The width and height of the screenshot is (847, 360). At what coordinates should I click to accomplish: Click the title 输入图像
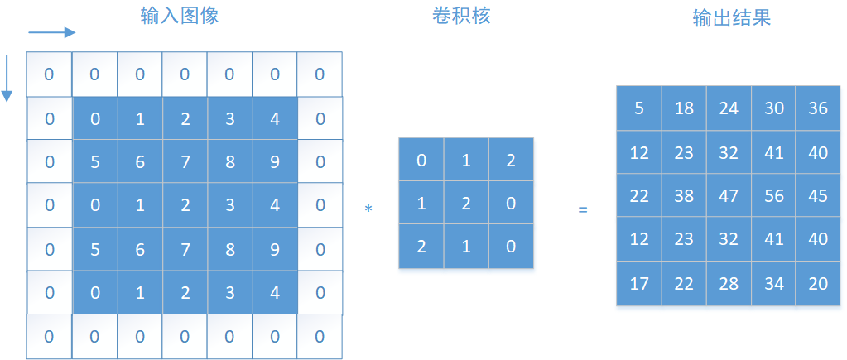coord(180,16)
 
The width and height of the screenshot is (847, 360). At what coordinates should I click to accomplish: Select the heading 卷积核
coord(461,16)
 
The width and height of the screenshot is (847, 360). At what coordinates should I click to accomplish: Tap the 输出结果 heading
coord(731,18)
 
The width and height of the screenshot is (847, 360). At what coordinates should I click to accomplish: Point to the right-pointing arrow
coord(52,33)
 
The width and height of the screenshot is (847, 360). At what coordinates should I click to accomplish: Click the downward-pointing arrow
coord(7,79)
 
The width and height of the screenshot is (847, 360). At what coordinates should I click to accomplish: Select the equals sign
coord(582,210)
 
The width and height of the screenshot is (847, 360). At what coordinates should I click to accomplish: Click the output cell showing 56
coord(773,196)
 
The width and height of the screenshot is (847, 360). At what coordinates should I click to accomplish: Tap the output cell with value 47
coord(729,196)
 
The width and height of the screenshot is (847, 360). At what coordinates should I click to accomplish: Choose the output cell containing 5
coord(639,108)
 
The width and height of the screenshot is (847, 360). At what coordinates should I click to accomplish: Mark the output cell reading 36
coord(817,108)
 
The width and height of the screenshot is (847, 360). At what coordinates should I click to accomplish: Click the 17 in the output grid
coord(639,284)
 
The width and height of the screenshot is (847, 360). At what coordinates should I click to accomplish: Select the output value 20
coord(817,284)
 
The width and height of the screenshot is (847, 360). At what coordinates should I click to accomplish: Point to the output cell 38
coord(684,196)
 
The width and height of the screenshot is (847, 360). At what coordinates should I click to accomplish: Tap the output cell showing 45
coord(817,196)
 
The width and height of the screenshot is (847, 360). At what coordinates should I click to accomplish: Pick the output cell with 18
coord(684,108)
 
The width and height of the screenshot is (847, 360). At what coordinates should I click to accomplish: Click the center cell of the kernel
coord(466,203)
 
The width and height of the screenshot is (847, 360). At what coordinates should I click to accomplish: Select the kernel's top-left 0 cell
coord(421,160)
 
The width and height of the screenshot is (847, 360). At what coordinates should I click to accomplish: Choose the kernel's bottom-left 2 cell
coord(421,246)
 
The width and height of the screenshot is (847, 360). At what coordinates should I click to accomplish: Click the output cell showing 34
coord(773,284)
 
